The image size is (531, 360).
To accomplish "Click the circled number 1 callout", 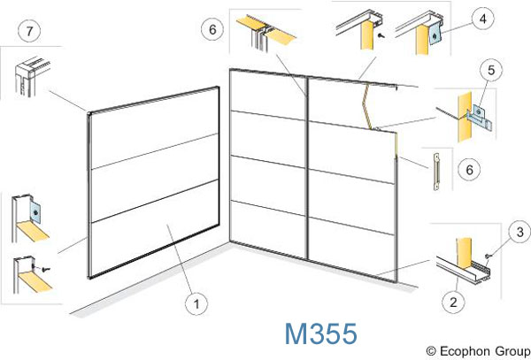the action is point(196,304).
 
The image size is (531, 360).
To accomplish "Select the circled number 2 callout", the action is point(453,302).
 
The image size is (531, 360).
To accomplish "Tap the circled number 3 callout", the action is point(519,232).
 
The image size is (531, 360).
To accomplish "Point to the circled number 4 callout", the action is point(483,19).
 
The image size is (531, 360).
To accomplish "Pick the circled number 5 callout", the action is point(491,70).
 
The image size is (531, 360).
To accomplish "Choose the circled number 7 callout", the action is point(29,31).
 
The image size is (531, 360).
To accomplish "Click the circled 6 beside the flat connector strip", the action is point(469,169).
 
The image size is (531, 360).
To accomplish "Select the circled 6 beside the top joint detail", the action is point(212,29).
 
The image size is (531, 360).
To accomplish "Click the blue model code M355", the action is point(320,333).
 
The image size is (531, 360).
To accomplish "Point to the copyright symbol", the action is point(431,351).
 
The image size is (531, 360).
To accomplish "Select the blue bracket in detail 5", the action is point(481,116).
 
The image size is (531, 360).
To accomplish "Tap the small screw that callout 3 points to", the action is point(488,256).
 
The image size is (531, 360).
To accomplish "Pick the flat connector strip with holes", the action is point(437,172).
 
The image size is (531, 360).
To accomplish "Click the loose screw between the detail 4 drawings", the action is point(381,34).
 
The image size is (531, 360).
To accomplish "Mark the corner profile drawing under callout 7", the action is point(31,77).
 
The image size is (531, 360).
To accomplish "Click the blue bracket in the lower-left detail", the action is point(35,212).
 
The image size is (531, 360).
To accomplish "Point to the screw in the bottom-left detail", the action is point(45,269).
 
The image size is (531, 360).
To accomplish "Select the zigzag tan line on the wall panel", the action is point(367,106).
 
